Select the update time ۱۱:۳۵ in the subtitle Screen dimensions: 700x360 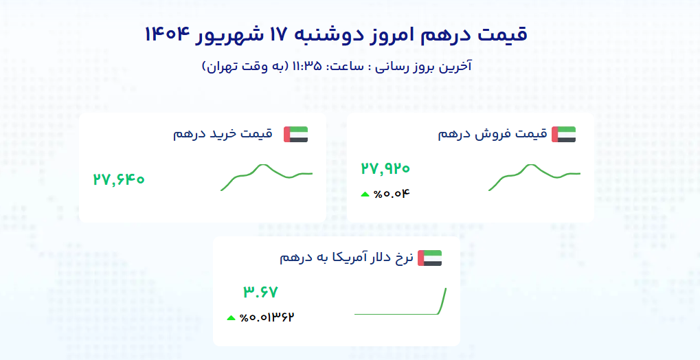coord(306,66)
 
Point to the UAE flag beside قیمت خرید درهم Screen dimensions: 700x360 coord(295,135)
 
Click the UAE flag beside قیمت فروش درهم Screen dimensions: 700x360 coord(563,135)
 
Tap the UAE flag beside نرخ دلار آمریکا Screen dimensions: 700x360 coord(429,258)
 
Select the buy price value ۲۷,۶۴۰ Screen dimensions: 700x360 coord(119,179)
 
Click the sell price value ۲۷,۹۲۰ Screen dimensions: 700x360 coord(385,168)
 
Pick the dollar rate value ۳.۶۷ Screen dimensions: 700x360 coord(261,292)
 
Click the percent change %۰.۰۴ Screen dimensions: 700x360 coord(392,194)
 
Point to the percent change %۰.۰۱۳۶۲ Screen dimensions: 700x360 coord(267,317)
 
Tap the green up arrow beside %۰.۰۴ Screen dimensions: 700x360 coord(365,194)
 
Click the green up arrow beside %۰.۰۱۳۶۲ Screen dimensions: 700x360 coord(231,318)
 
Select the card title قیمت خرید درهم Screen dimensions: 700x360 coord(223,134)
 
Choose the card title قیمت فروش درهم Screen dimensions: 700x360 coord(493,134)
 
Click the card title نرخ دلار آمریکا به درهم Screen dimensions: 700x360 coord(346,258)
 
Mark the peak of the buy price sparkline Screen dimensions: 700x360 coord(263,165)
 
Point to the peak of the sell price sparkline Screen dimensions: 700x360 coord(531,165)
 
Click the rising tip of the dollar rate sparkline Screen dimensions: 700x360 coord(446,289)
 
